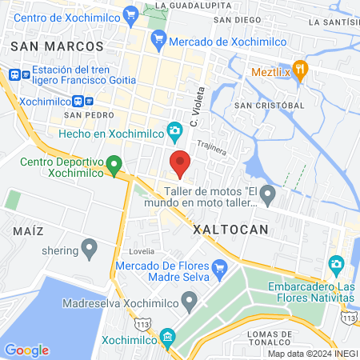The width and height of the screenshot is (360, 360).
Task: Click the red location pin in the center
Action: pos(180,163)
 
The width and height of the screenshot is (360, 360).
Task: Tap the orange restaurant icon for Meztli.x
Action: pos(300,69)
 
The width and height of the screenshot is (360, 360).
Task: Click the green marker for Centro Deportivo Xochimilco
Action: pos(114,166)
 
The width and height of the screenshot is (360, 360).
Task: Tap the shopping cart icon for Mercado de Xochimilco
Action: pos(158,37)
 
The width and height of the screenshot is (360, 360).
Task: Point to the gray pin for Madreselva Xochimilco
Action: pos(189,301)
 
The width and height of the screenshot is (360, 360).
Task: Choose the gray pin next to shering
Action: pos(90,249)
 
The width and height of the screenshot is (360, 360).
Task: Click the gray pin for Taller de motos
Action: pos(268,194)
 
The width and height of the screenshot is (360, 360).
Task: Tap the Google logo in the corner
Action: pos(26,350)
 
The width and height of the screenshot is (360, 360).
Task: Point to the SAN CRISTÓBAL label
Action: pos(268,105)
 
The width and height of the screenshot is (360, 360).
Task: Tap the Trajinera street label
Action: pos(213,147)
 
